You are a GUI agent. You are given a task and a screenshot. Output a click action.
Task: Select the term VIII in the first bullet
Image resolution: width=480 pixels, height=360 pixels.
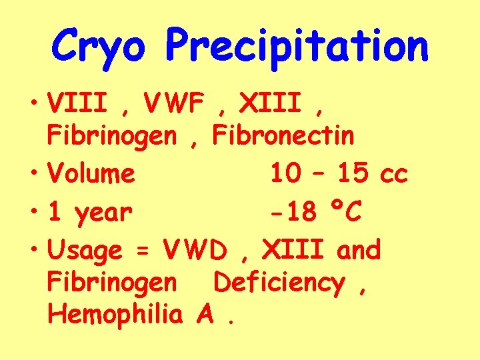coord(73,103)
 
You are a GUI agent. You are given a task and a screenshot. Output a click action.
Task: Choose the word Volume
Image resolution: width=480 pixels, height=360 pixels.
coord(91,174)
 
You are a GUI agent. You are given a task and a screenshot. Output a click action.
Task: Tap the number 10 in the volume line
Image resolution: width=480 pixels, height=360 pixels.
coord(285,174)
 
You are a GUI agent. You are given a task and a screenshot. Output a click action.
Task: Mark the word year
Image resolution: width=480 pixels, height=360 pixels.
coord(103,213)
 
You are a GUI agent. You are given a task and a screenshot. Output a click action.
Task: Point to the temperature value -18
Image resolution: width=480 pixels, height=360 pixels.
coord(293,213)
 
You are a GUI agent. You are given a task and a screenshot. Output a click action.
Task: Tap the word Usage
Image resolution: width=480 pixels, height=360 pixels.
coord(85,251)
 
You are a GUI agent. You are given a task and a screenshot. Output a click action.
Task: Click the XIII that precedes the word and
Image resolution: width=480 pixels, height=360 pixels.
coord(294,250)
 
